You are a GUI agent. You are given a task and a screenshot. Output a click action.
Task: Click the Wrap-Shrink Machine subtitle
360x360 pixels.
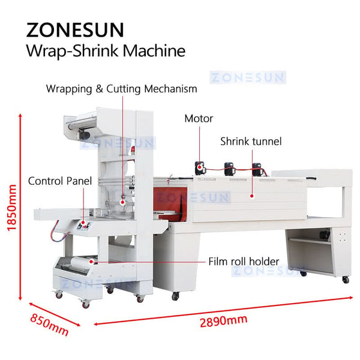(x=106, y=50)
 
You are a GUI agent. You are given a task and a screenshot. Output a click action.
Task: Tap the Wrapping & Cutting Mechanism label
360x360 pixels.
(x=122, y=89)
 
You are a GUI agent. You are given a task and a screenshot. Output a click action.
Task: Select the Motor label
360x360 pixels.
(x=199, y=119)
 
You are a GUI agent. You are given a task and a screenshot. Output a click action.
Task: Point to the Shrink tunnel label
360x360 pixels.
(x=251, y=142)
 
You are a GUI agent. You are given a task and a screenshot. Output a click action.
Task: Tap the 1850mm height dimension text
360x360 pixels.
(x=11, y=207)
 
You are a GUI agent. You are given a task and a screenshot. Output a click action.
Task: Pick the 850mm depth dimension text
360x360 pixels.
(x=50, y=323)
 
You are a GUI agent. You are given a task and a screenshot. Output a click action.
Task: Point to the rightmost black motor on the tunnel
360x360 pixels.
(x=257, y=169)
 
